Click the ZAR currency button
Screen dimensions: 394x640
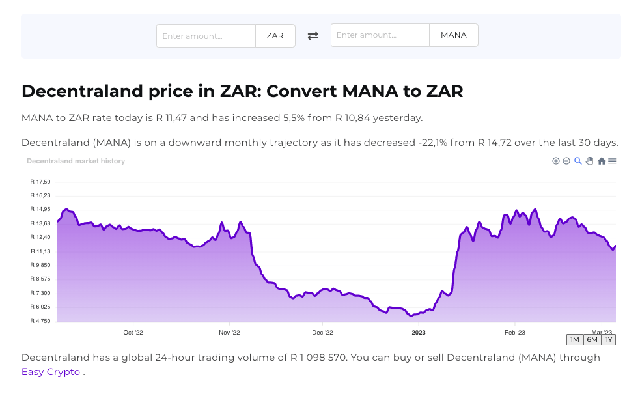pos(275,36)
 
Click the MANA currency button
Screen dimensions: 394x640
pos(453,35)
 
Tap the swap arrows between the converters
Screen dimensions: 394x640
pos(313,36)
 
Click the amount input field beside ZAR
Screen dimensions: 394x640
pos(206,36)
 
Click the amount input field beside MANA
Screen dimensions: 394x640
pos(380,35)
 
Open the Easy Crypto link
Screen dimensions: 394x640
pos(51,372)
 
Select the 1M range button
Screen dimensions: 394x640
pos(574,339)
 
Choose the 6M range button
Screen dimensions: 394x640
pos(592,339)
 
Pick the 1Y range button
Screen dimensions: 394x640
pos(608,339)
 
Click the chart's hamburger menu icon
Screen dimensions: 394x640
pos(612,161)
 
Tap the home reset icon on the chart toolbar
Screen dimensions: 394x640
pos(602,161)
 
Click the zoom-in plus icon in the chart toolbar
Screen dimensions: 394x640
pos(556,161)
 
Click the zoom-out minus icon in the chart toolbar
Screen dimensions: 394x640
pos(566,161)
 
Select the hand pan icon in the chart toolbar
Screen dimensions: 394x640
pos(589,161)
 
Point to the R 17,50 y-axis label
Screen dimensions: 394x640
pos(40,182)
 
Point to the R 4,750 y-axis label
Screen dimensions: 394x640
pos(40,321)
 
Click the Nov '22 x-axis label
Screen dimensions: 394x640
pos(229,332)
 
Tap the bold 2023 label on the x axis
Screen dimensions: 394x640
pos(418,332)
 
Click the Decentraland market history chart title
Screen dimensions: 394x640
pos(76,161)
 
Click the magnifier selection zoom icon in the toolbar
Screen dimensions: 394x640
pos(577,161)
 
